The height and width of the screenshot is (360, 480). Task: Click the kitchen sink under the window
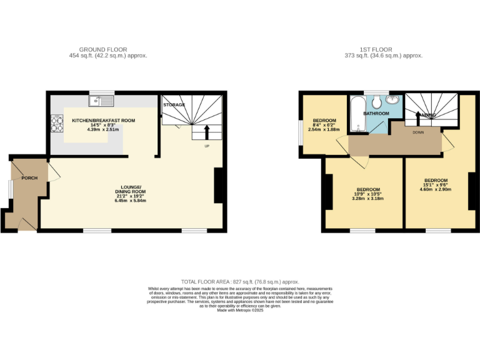point(101,101)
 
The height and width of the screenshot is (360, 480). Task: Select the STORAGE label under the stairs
point(174,105)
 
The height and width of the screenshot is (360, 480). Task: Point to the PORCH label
point(29,178)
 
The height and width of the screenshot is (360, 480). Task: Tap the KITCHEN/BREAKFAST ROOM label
point(103,120)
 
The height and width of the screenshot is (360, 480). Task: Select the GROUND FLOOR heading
point(103,49)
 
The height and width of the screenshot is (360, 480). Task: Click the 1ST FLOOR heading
point(377,49)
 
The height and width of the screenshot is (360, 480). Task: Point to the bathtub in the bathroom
point(357,114)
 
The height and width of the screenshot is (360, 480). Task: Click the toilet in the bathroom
point(377,101)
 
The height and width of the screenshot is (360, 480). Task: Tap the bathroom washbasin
point(393,101)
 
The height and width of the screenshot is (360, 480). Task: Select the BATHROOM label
point(376,113)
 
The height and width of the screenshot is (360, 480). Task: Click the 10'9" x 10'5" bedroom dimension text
point(368,194)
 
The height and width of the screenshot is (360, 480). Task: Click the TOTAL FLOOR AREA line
point(240,282)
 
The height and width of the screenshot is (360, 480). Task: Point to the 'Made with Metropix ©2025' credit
point(240,311)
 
